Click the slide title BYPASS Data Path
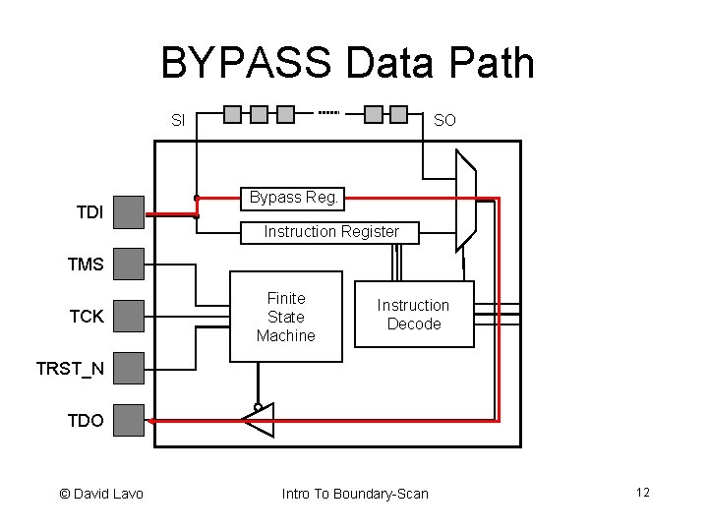347,64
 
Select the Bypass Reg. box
294,199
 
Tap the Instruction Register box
330,233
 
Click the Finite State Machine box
286,317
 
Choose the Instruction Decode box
413,315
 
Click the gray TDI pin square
129,211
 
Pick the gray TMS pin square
129,264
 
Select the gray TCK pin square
129,317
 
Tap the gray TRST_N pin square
129,369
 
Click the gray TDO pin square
129,421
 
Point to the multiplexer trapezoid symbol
466,201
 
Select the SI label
178,121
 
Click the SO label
444,121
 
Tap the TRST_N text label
70,369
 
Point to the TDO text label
86,421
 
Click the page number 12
643,493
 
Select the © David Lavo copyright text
101,494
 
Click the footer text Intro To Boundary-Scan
355,494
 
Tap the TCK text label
87,317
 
